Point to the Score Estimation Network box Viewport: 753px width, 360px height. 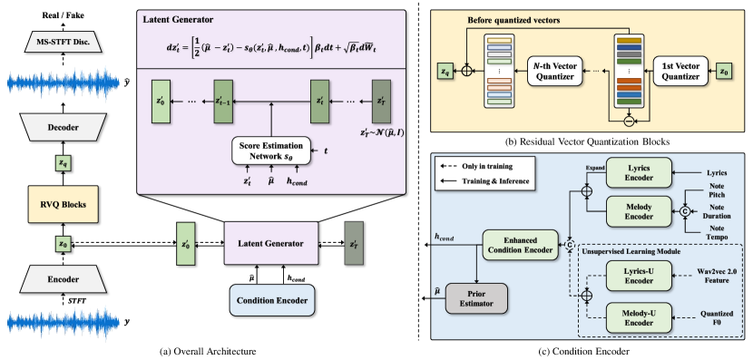270,151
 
